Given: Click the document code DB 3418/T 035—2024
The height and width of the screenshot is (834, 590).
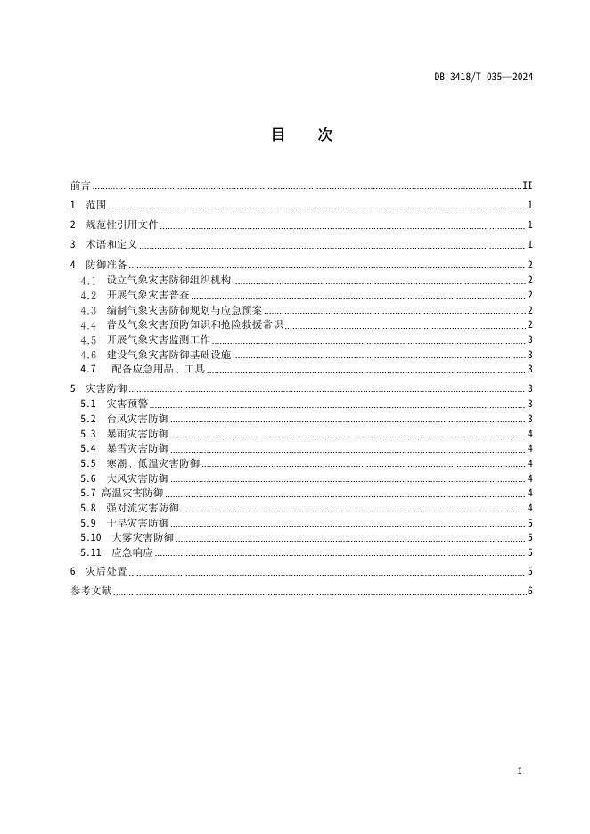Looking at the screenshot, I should click(483, 78).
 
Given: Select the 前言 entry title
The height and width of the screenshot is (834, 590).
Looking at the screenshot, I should click(80, 185).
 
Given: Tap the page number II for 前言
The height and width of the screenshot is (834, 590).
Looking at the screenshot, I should click(527, 185).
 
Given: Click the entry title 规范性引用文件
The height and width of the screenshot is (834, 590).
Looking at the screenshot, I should click(121, 225).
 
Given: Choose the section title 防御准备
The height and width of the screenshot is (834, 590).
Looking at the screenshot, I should click(106, 265).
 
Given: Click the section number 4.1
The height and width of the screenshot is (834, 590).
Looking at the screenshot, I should click(87, 280).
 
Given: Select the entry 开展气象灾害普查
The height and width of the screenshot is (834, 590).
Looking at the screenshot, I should click(147, 295).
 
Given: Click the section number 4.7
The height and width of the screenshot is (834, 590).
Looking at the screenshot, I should click(87, 369).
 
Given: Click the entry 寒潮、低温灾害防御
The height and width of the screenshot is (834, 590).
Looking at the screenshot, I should click(152, 463).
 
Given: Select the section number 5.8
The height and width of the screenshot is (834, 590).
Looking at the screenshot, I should click(87, 508).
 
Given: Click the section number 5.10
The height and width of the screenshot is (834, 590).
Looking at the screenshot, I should click(90, 537).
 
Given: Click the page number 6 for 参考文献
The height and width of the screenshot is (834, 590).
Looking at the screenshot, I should click(529, 592).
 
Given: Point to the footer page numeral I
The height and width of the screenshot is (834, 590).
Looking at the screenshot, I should click(520, 771).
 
